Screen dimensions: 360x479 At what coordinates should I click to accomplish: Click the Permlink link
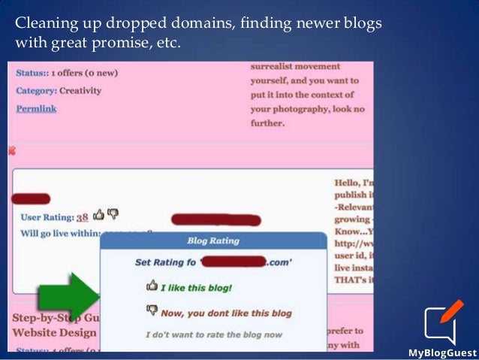point(36,108)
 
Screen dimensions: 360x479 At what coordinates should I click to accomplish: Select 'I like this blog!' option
point(197,286)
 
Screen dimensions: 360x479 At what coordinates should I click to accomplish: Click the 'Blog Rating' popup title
point(213,241)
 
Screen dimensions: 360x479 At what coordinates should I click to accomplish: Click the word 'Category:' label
point(37,91)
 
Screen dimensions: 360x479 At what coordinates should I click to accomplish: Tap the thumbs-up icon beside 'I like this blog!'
point(152,286)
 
